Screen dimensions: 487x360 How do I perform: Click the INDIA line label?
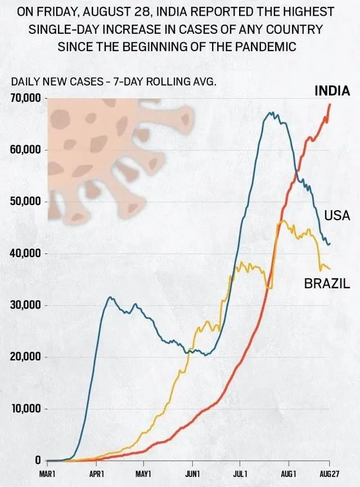(x=331, y=91)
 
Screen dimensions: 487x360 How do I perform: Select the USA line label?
(x=337, y=216)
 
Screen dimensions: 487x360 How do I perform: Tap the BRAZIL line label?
(x=327, y=284)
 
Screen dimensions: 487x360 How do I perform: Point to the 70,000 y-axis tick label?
(x=26, y=99)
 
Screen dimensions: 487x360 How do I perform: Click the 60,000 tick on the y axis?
(x=26, y=150)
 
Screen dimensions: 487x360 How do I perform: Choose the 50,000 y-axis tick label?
(x=26, y=202)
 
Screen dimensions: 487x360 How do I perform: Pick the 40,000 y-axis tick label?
(x=26, y=254)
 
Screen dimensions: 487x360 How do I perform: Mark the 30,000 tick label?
(x=26, y=306)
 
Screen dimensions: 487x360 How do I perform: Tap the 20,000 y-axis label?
(x=26, y=357)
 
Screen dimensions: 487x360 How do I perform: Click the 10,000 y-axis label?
(x=26, y=409)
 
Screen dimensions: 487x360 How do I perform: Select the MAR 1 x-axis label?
(x=48, y=475)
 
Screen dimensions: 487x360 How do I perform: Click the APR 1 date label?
(x=97, y=475)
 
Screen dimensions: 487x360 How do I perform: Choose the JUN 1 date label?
(x=192, y=475)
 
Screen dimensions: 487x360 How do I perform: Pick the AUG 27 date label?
(x=328, y=475)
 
